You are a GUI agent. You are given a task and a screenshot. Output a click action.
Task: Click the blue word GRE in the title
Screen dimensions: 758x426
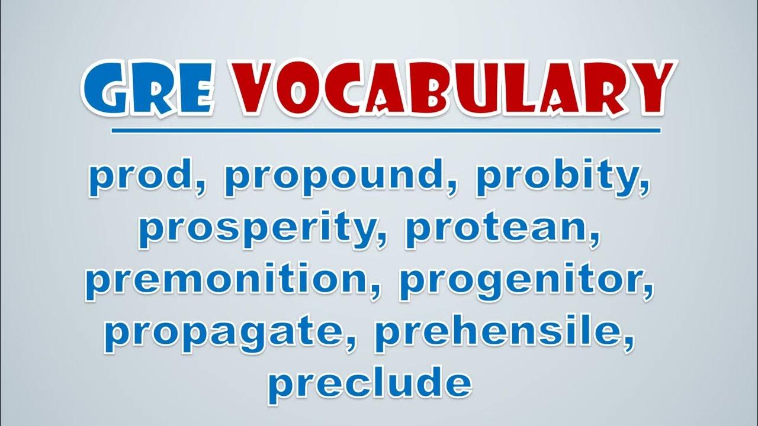pos(149,88)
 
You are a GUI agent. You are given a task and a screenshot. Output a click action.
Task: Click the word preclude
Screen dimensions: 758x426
pos(370,385)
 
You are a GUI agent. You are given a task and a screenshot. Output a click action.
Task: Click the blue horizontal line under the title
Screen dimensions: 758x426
pos(386,131)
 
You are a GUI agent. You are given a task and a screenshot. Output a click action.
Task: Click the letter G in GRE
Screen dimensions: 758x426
pos(105,88)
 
